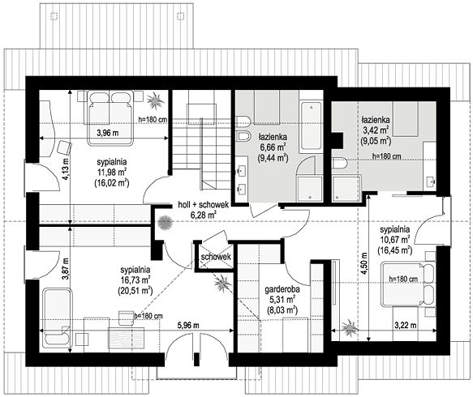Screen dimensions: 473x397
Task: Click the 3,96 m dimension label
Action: [x=108, y=133]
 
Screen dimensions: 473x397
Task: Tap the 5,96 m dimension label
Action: [x=188, y=326]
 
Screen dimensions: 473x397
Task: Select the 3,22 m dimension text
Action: [x=406, y=326]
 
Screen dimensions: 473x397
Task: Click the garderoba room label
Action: [x=282, y=290]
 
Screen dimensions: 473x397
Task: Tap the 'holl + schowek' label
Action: [x=204, y=204]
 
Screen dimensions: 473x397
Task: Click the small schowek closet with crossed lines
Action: [x=214, y=256]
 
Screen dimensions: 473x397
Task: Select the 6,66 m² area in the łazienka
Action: [x=273, y=147]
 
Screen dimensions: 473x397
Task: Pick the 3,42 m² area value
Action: [x=376, y=130]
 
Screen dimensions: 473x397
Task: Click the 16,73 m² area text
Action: [x=135, y=280]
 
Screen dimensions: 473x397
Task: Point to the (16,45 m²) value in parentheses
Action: [x=394, y=250]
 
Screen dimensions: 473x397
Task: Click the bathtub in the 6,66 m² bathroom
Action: [x=311, y=126]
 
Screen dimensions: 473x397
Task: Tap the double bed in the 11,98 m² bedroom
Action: [x=110, y=118]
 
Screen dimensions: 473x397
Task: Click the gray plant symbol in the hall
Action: [x=165, y=223]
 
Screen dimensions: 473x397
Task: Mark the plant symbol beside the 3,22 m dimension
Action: [x=350, y=327]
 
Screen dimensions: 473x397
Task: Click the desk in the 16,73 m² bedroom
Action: [x=126, y=339]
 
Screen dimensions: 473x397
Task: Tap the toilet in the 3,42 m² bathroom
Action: [x=339, y=163]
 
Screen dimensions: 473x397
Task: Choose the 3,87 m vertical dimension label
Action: [x=66, y=269]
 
